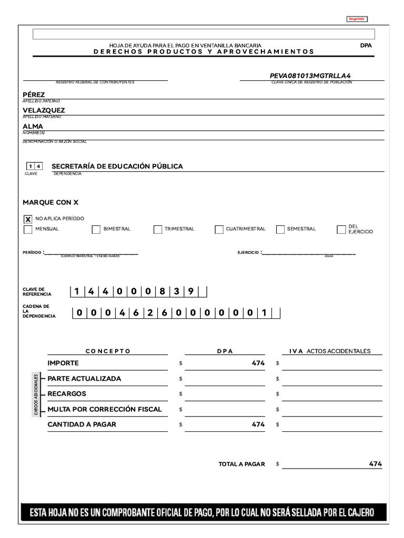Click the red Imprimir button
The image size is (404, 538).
(357, 19)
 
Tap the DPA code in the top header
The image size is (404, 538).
(366, 45)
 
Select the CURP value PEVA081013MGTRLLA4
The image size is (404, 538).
(310, 76)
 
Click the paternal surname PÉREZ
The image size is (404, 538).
(34, 95)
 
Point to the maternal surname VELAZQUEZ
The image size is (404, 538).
(44, 110)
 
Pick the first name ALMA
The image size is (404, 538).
(33, 127)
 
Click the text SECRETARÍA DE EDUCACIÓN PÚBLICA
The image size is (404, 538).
(117, 166)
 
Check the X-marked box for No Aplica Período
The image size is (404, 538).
(28, 219)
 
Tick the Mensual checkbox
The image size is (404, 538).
(28, 229)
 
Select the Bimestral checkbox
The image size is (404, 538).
(96, 229)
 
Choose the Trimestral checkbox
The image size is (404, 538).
(158, 229)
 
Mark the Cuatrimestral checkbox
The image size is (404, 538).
(219, 229)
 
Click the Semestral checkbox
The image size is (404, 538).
(280, 229)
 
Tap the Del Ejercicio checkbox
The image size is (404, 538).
(341, 229)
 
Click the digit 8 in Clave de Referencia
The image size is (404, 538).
(163, 292)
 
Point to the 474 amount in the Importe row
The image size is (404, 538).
(258, 363)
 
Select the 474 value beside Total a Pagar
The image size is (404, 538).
(375, 464)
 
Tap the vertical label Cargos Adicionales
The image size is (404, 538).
(36, 394)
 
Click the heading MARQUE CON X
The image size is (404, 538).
(50, 202)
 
